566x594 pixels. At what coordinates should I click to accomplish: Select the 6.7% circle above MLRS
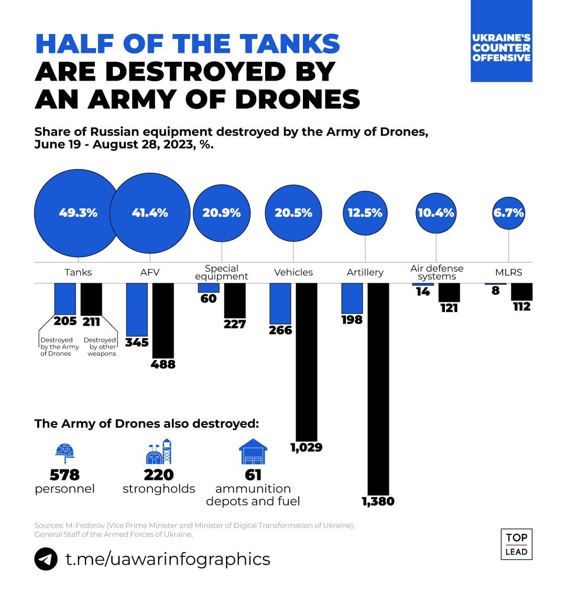[x=508, y=213]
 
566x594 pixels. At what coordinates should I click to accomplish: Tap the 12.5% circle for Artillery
[x=365, y=213]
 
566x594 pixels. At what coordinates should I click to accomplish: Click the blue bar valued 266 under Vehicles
[x=280, y=304]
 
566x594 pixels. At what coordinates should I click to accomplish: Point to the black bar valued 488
[x=162, y=320]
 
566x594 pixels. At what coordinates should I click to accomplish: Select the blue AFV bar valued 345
[x=137, y=309]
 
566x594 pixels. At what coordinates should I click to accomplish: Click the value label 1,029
[x=306, y=447]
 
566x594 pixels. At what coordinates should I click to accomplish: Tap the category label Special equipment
[x=222, y=272]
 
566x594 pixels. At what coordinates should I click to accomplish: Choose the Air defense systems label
[x=437, y=272]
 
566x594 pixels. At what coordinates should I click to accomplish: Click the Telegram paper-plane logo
[x=46, y=559]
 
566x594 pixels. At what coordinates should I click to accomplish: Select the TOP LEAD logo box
[x=516, y=544]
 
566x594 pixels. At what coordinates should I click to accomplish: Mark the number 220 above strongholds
[x=159, y=475]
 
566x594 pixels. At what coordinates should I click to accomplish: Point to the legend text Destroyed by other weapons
[x=100, y=347]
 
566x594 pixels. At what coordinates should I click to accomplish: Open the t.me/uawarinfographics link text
[x=168, y=559]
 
